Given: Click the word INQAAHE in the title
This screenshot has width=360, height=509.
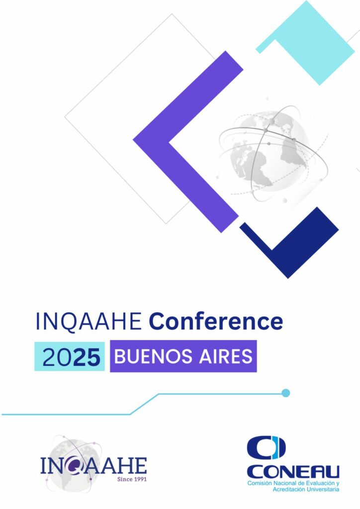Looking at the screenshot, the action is pyautogui.click(x=89, y=322).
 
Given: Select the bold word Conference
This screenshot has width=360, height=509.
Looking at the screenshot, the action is pyautogui.click(x=216, y=322).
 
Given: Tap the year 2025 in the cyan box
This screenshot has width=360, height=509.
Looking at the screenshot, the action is pyautogui.click(x=71, y=357).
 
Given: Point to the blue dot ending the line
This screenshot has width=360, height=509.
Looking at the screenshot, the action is pyautogui.click(x=285, y=393).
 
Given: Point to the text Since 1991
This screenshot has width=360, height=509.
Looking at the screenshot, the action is pyautogui.click(x=132, y=479).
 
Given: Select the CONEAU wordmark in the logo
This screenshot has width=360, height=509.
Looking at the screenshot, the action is pyautogui.click(x=293, y=472).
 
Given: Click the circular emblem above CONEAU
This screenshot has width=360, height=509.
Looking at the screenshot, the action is pyautogui.click(x=266, y=448).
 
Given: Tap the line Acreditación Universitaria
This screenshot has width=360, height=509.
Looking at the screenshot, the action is pyautogui.click(x=306, y=489).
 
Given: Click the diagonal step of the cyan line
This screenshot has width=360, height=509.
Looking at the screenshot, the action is pyautogui.click(x=145, y=404).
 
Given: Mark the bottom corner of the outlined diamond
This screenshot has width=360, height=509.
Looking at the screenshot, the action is pyautogui.click(x=166, y=224).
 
